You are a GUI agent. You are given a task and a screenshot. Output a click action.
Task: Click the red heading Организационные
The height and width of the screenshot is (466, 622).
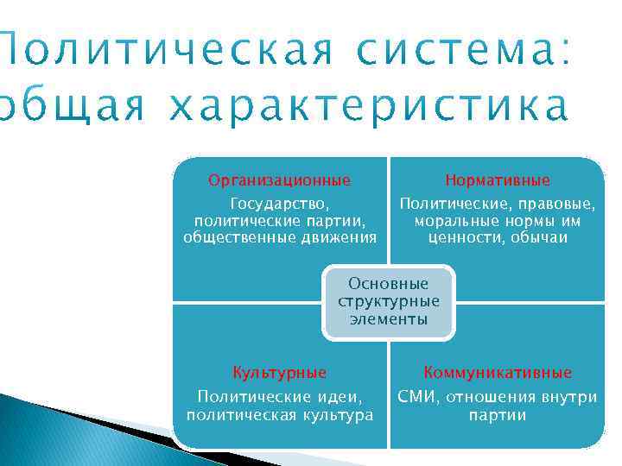tap(279, 180)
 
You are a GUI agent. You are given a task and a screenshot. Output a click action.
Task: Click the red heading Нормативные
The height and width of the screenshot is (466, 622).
tap(498, 180)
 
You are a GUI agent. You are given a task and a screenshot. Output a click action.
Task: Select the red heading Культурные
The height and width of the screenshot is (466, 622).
tap(279, 373)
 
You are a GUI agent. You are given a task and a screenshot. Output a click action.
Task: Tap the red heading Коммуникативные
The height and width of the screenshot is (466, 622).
tap(498, 373)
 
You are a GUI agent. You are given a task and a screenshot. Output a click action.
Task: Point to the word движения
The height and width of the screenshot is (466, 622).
tap(340, 237)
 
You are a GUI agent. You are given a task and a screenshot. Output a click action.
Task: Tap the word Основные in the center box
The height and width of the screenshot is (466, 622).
tap(388, 284)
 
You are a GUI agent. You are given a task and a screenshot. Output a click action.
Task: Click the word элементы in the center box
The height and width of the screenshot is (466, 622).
tap(388, 319)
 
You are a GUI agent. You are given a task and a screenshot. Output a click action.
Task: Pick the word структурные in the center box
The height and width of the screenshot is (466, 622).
tap(388, 301)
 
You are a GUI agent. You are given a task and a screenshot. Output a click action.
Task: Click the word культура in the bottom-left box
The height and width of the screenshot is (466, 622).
tap(333, 415)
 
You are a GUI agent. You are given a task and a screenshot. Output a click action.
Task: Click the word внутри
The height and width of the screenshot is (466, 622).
tap(566, 397)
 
